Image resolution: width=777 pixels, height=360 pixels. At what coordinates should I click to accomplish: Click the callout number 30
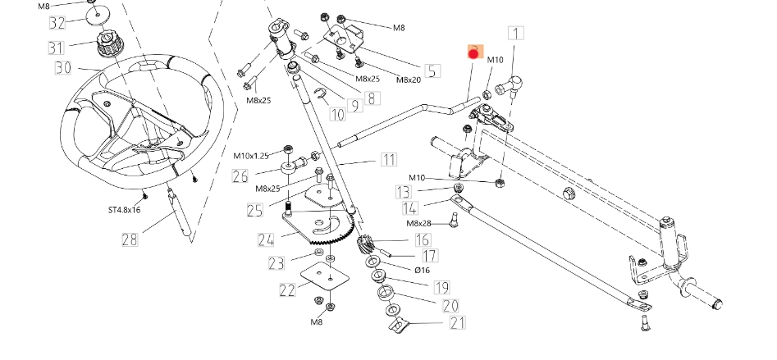62,67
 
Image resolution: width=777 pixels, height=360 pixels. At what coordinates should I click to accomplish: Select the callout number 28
130,239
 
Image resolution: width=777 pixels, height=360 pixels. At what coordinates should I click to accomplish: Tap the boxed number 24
265,240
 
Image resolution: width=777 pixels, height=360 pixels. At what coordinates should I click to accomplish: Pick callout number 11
387,159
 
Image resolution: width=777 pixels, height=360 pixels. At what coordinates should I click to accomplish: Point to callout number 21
457,322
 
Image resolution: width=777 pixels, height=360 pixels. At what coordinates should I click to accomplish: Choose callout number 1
515,34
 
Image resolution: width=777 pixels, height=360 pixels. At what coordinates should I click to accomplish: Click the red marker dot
473,54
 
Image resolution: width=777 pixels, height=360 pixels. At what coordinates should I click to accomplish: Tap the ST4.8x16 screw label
124,210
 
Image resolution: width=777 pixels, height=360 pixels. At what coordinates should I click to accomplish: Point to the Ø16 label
422,270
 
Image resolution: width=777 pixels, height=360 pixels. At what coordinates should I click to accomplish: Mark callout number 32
57,22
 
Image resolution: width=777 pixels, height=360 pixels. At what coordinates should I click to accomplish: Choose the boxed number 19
441,287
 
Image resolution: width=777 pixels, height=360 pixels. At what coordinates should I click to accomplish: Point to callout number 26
240,176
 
